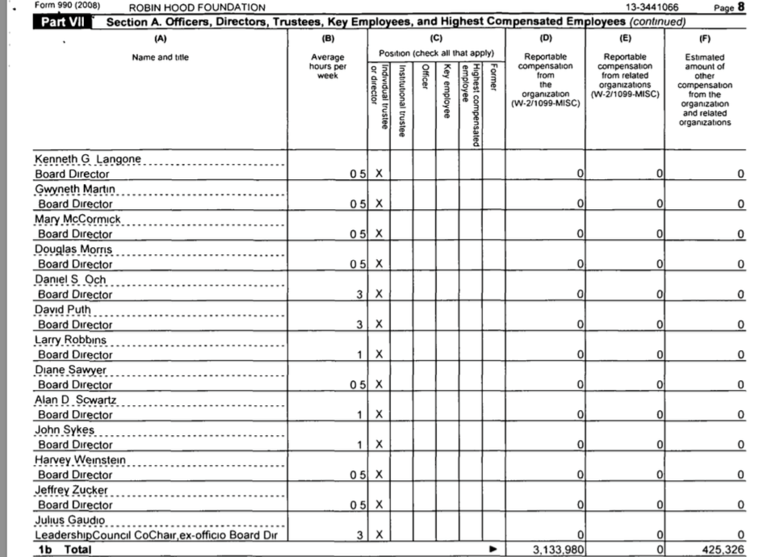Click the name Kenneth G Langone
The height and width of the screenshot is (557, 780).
[x=87, y=159]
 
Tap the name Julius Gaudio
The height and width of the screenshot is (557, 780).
[x=69, y=520]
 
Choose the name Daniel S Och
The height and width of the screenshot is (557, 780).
[x=70, y=279]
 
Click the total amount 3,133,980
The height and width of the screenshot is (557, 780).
[x=556, y=550]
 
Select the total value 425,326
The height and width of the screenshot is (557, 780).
[x=723, y=550]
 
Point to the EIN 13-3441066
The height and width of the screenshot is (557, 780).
[x=652, y=7]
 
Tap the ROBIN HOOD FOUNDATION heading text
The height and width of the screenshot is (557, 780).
[x=197, y=8]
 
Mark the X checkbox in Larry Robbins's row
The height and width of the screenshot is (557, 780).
[x=379, y=354]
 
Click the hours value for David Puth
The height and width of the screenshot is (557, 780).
[x=359, y=325]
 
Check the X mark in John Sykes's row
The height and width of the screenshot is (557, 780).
[x=379, y=445]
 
